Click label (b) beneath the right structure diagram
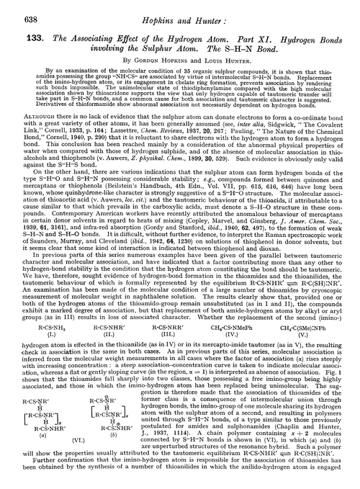pos(135,455)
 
